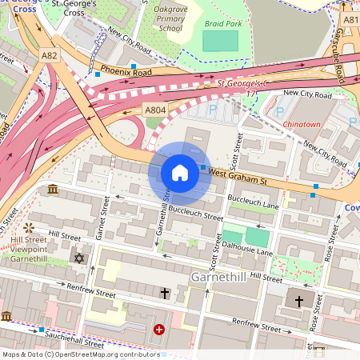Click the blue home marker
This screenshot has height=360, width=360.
tap(180, 172)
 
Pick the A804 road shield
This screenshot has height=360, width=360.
tap(154, 109)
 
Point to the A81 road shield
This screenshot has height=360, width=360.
tap(350, 18)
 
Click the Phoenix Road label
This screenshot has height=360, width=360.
tap(120, 72)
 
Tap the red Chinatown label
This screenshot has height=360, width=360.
tap(302, 124)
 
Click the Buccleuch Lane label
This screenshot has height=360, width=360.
tap(253, 201)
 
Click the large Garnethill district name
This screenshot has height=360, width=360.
tap(220, 276)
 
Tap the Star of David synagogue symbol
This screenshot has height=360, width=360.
tap(78, 258)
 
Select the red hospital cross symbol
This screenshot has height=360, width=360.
tap(158, 329)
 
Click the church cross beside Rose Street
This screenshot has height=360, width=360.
tap(299, 301)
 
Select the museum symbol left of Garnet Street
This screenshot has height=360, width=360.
tap(53, 189)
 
